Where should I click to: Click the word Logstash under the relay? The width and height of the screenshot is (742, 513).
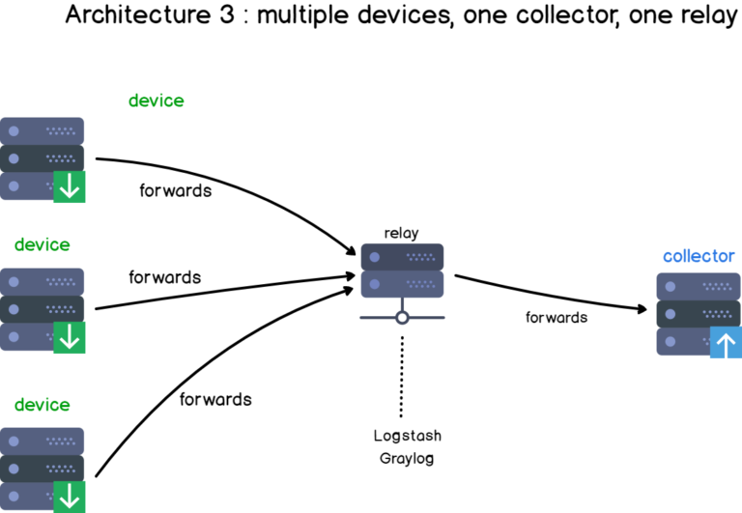(x=407, y=436)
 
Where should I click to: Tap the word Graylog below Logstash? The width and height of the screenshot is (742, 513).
(x=407, y=457)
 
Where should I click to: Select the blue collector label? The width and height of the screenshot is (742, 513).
(x=699, y=256)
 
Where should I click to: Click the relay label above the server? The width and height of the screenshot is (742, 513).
(x=402, y=233)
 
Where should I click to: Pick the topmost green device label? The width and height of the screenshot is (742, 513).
(x=156, y=100)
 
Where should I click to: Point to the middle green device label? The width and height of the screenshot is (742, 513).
(x=42, y=244)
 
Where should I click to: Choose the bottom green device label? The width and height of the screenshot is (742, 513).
(x=42, y=404)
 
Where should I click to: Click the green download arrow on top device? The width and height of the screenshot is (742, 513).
(x=69, y=186)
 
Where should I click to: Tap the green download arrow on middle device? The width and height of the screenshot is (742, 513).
(x=69, y=336)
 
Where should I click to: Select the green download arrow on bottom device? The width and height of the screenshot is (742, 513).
(x=69, y=497)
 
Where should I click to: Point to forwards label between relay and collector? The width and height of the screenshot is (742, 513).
(x=556, y=317)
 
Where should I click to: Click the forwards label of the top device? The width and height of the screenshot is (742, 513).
(x=176, y=190)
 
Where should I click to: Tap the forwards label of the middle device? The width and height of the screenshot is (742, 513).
(x=165, y=277)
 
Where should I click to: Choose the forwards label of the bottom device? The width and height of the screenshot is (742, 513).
(x=215, y=399)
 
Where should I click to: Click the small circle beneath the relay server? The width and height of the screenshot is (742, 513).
(x=402, y=318)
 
